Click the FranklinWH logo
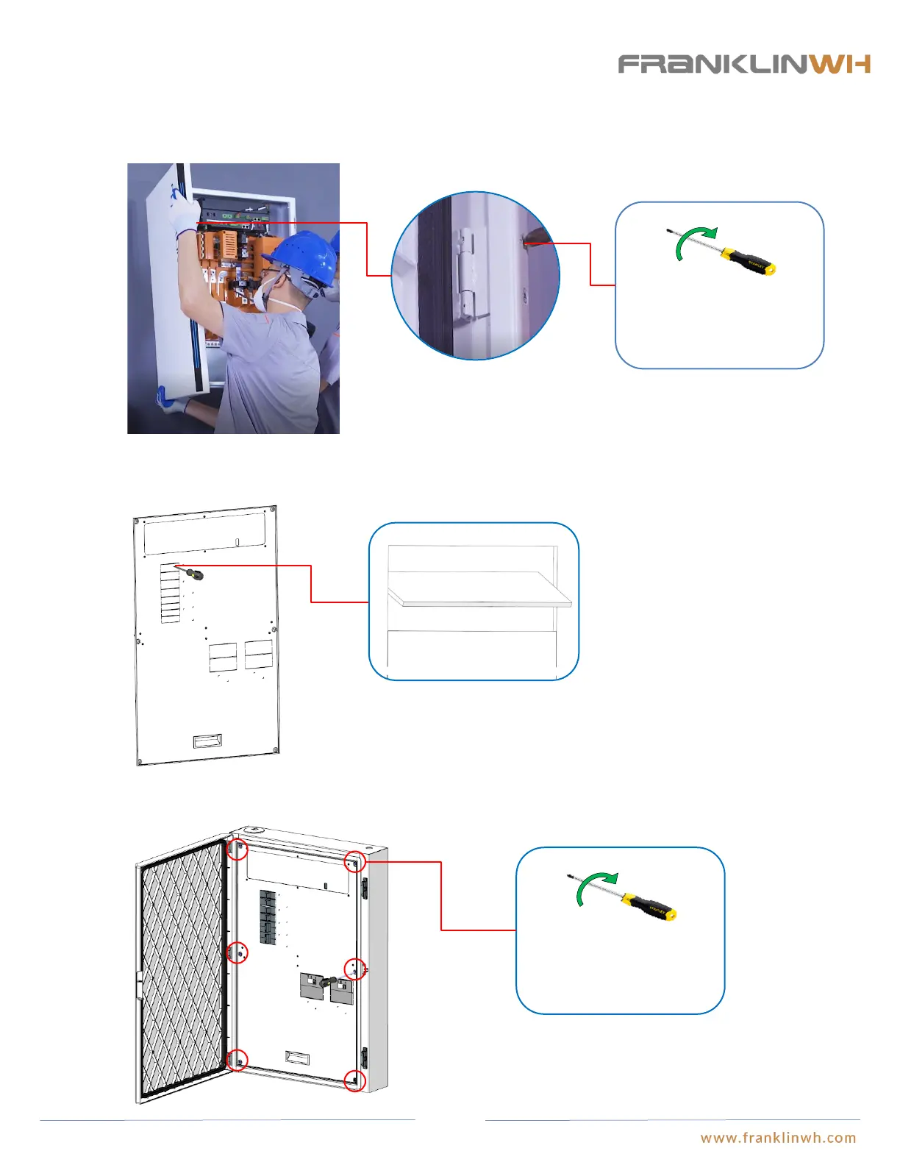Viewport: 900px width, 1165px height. click(x=744, y=64)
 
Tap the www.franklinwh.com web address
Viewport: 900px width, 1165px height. click(x=778, y=1138)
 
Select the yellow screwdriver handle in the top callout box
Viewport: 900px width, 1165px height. click(x=749, y=261)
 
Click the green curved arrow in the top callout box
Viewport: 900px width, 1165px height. click(x=691, y=243)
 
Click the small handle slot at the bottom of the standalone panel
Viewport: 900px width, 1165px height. click(x=207, y=741)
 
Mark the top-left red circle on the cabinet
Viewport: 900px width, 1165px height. click(x=238, y=849)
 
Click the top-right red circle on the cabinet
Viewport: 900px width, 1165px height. click(x=355, y=861)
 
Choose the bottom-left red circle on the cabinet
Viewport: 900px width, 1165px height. click(x=238, y=1060)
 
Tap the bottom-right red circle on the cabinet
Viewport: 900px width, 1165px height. click(x=355, y=1080)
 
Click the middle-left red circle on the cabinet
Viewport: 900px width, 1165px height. click(x=238, y=952)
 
